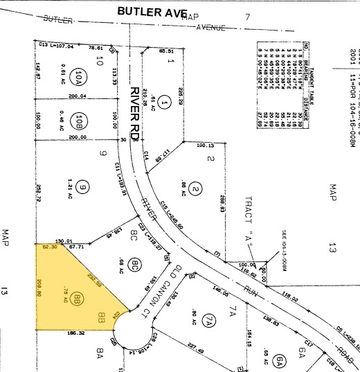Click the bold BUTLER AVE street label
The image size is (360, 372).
[x=152, y=11]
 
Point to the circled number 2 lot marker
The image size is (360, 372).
[x=195, y=170]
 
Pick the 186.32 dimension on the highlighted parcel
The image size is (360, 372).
[x=77, y=334]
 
